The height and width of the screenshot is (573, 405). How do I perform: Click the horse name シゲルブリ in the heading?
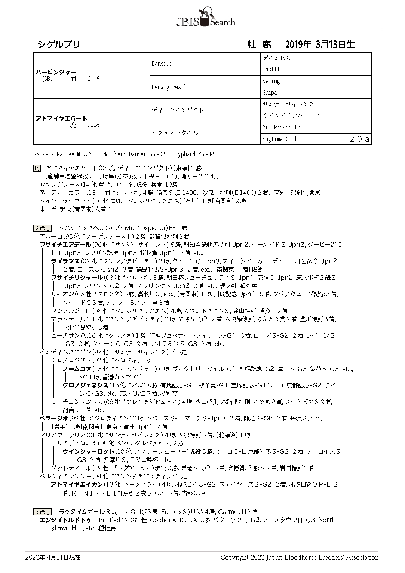59,45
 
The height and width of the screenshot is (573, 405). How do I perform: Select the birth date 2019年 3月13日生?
320,45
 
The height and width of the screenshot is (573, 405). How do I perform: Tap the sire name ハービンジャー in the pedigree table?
56,72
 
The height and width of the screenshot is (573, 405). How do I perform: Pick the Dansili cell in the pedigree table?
162,64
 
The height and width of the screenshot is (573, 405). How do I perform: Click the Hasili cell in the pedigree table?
271,70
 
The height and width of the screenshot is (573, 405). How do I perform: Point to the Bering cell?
271,81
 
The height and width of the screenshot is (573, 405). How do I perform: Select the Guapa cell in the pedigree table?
270,93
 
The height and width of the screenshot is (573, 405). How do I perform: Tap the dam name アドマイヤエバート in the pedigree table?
61,119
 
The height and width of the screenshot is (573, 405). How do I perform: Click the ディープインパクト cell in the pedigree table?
178,110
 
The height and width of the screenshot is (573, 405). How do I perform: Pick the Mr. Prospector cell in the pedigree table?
282,128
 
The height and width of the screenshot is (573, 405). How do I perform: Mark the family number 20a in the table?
359,139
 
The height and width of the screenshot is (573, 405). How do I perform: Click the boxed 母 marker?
37,168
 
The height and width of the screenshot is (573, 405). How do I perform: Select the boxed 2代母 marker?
42,228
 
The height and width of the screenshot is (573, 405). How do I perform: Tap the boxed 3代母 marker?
42,512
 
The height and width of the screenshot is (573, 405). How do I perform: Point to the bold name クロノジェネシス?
85,385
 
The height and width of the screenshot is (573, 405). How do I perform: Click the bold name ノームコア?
77,369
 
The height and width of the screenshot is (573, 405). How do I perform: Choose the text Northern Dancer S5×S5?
135,154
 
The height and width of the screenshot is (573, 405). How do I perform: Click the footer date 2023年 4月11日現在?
53,557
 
